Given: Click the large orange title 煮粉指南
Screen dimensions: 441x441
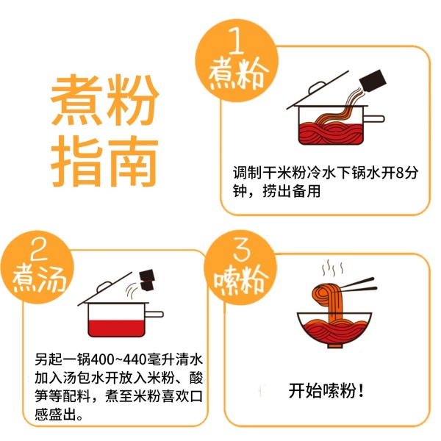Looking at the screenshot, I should [x=104, y=130].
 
